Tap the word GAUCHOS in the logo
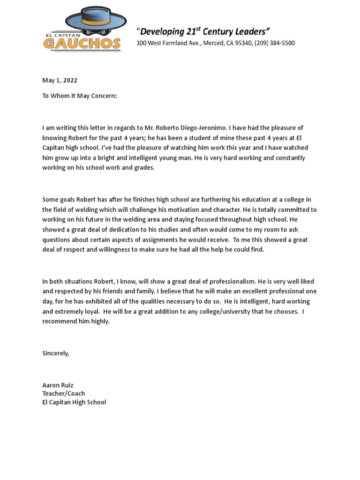click(82, 44)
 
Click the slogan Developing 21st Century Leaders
click(203, 32)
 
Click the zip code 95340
click(243, 43)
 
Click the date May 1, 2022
click(60, 81)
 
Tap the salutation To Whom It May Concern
click(79, 96)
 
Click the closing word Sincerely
click(55, 353)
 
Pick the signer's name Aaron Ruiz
click(58, 385)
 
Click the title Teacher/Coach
click(64, 394)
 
